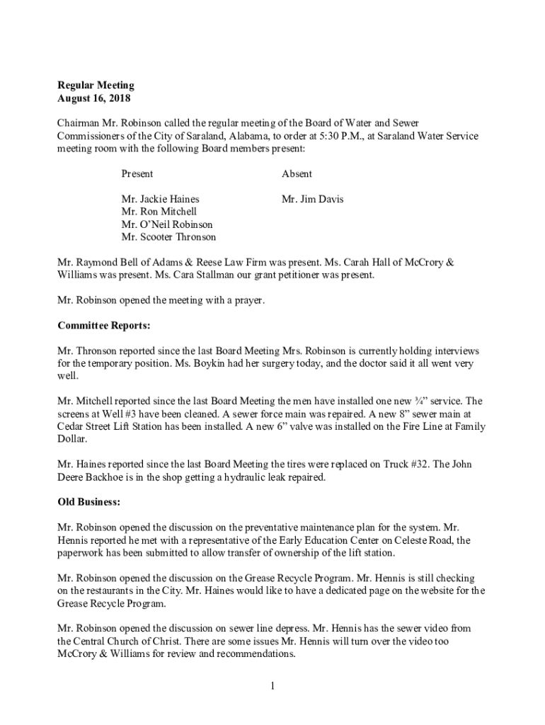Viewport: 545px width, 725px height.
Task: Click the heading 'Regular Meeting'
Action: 96,86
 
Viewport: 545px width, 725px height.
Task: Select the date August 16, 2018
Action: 93,98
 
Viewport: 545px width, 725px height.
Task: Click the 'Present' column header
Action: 137,174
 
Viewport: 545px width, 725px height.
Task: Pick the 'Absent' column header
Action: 297,174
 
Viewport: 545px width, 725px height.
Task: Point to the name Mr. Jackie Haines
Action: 160,200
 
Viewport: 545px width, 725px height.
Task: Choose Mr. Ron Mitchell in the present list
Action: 159,212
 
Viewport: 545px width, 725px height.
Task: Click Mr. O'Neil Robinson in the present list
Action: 167,224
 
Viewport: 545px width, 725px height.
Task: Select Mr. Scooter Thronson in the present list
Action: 168,237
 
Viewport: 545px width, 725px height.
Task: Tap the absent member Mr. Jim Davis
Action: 312,200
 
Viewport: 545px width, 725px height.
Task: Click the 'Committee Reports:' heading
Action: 103,326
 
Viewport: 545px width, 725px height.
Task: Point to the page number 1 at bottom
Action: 272,685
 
